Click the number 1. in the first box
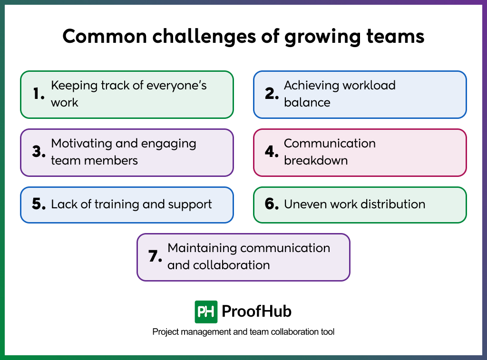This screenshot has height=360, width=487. coord(39,95)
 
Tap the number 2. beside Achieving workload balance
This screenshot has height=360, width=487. coord(272,95)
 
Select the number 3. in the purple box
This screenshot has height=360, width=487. coord(39,152)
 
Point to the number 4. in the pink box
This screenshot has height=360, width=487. coord(272,152)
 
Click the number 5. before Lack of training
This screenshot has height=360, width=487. coord(39,204)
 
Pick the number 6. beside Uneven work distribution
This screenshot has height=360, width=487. coord(272,204)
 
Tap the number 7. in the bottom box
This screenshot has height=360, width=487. coord(155,257)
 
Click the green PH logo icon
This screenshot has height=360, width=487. coord(206,312)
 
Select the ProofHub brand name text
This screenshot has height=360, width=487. coord(257,312)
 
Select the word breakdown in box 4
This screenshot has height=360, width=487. coord(316,161)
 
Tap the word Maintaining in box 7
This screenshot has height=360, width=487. coord(202,248)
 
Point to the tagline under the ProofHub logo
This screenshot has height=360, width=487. coord(243,332)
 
